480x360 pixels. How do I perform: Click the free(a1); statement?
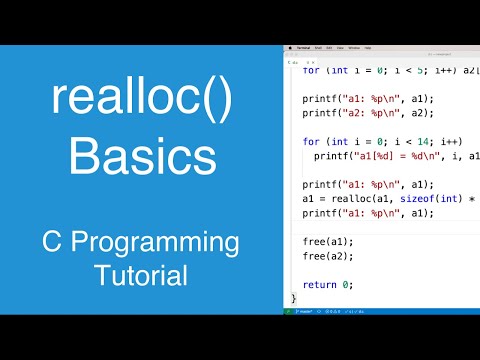(x=328, y=241)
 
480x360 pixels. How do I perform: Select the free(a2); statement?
(x=328, y=256)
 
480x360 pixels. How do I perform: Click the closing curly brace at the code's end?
(x=293, y=298)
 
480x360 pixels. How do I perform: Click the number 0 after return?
(x=347, y=283)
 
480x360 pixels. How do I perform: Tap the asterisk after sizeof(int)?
(x=470, y=198)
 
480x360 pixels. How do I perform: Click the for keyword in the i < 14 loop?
(x=311, y=142)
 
